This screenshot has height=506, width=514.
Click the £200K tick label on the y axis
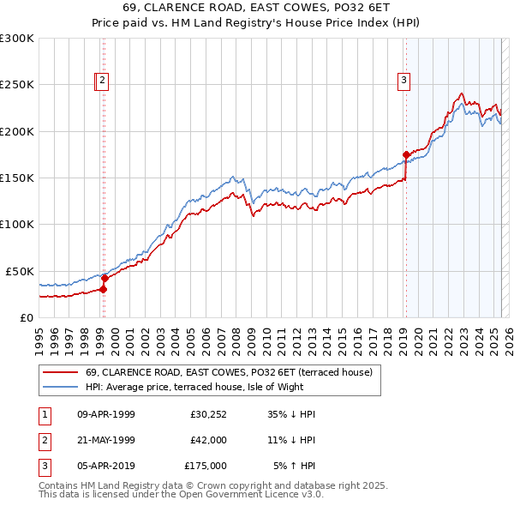(17, 131)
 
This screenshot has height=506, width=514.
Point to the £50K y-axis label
(20, 271)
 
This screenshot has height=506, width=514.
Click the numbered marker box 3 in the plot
(403, 81)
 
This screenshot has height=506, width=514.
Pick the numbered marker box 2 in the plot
(102, 81)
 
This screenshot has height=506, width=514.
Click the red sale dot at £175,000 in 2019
(405, 154)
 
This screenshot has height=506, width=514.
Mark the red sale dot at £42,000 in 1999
(104, 278)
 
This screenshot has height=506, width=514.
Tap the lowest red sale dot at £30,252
(103, 289)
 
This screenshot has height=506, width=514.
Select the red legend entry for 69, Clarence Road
(228, 373)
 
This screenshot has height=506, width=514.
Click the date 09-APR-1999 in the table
(105, 414)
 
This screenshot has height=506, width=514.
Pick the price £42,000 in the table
(208, 440)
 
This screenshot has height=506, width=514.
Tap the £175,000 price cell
(206, 466)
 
